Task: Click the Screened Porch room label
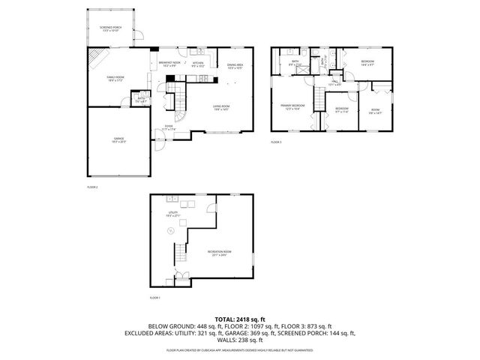click(x=110, y=28)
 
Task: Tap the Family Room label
click(x=114, y=79)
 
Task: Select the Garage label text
click(x=118, y=140)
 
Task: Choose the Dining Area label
click(x=235, y=66)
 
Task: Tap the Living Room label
click(x=220, y=108)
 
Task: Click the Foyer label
click(x=169, y=127)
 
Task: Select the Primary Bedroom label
click(x=292, y=107)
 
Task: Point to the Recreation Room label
click(x=220, y=253)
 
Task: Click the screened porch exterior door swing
click(x=137, y=34)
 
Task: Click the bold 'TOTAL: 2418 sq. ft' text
click(x=240, y=319)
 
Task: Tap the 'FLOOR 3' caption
click(x=277, y=142)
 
